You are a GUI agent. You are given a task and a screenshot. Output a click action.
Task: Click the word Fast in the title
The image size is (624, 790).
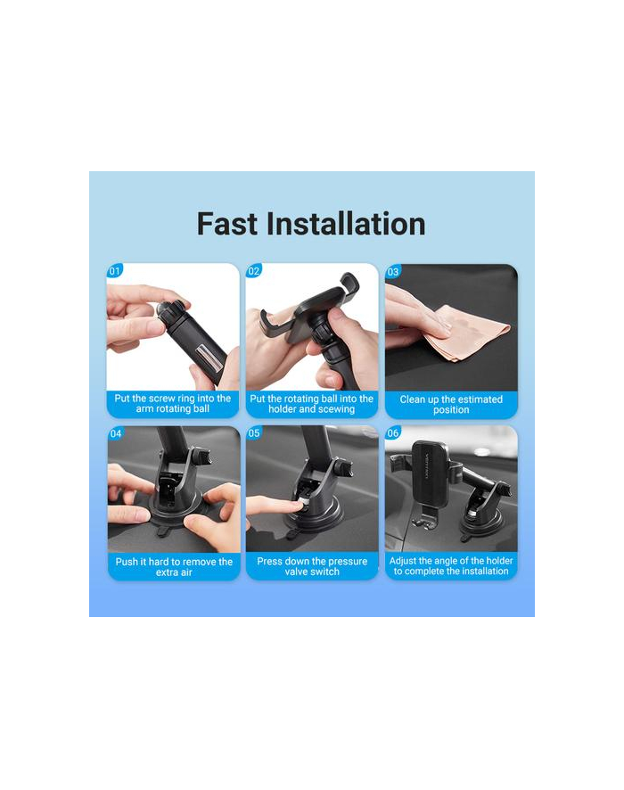(x=226, y=224)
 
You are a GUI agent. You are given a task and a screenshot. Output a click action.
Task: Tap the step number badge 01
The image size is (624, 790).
(x=115, y=271)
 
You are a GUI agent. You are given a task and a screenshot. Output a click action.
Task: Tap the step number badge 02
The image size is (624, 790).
(x=254, y=271)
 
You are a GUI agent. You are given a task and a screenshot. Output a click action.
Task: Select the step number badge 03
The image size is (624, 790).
(x=393, y=272)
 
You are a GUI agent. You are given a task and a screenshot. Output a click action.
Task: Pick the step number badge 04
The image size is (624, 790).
(x=116, y=434)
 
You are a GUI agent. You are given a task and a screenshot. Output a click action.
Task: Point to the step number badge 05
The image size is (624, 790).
(x=254, y=433)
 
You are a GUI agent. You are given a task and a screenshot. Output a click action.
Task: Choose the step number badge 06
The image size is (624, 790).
(x=393, y=432)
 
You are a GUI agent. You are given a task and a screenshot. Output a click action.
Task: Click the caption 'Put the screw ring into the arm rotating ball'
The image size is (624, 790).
(x=173, y=404)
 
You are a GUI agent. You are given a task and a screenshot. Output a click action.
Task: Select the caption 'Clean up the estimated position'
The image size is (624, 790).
(x=451, y=405)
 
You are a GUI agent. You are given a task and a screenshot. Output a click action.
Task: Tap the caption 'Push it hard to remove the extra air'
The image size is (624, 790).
(x=174, y=567)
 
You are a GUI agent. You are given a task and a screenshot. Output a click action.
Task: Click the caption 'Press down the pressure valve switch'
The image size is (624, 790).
(x=312, y=566)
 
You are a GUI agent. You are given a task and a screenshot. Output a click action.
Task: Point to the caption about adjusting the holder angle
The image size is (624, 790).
(x=451, y=566)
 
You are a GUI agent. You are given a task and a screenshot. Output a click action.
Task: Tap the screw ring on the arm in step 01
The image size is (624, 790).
(x=172, y=309)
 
